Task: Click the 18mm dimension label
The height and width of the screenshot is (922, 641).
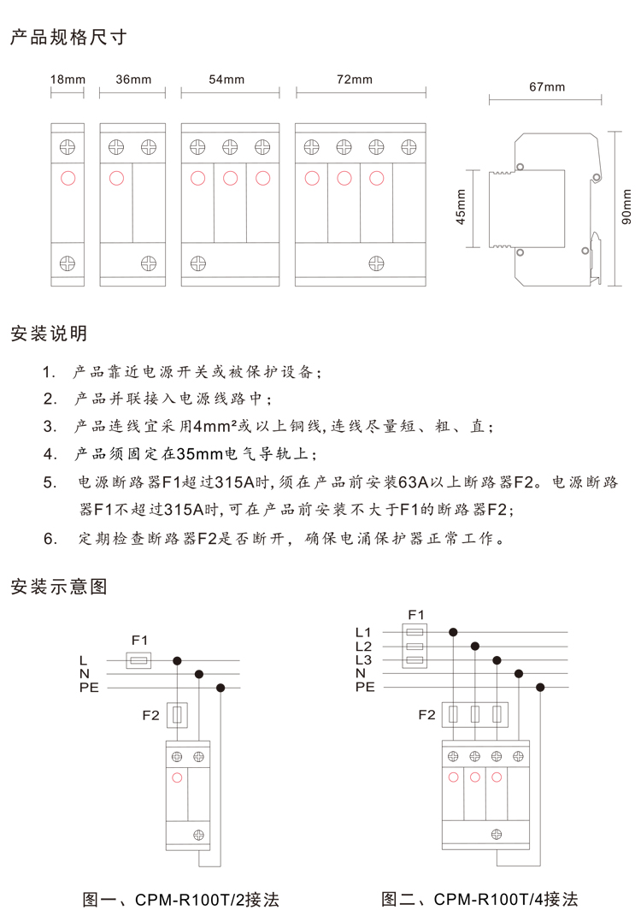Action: (68, 80)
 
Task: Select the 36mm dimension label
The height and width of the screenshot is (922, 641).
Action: (133, 80)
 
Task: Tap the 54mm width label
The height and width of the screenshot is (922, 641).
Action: (226, 80)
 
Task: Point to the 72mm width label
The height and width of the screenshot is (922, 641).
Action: (355, 80)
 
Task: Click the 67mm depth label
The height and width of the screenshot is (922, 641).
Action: (547, 87)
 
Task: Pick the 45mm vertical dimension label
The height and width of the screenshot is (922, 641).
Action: (461, 207)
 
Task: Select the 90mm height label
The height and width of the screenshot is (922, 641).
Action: (626, 207)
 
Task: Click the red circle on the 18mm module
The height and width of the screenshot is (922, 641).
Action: (68, 178)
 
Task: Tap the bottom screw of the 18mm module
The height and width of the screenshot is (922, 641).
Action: (68, 263)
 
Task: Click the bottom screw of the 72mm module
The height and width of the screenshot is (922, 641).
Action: (376, 263)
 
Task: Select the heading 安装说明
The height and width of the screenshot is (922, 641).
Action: (49, 334)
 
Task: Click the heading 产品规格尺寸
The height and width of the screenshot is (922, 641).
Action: (68, 37)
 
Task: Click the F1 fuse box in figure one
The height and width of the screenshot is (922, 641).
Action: (138, 660)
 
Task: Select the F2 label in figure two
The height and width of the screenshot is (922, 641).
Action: (427, 714)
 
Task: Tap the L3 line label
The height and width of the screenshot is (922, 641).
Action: (364, 659)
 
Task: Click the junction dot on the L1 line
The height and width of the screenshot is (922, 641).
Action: (453, 632)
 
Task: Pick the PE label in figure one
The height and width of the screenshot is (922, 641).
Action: (89, 688)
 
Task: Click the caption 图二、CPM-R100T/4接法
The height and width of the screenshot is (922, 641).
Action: (479, 899)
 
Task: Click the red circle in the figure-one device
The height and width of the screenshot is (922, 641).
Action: (177, 778)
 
